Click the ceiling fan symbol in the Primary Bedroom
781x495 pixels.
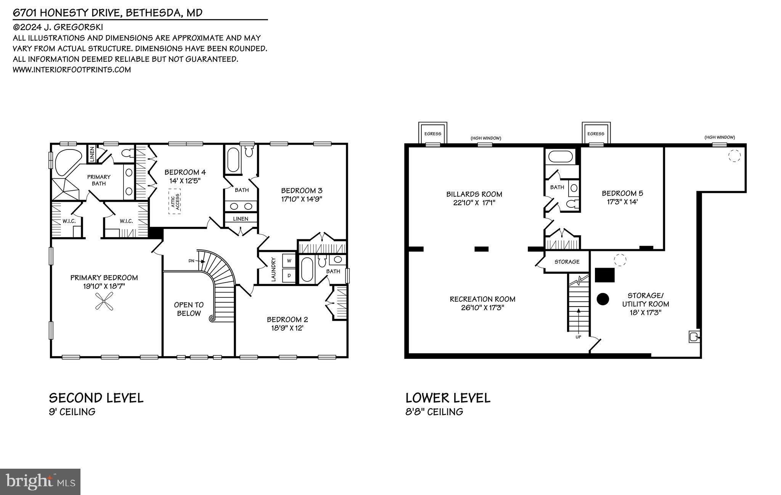(x=103, y=301)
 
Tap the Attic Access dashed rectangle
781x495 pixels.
(x=175, y=201)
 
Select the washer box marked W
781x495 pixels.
(x=289, y=261)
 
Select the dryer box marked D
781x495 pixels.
(x=289, y=275)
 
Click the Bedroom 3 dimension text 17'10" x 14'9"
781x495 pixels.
(x=302, y=199)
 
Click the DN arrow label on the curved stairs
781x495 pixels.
(x=191, y=261)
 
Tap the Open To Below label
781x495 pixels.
(x=189, y=309)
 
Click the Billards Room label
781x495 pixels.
(x=474, y=194)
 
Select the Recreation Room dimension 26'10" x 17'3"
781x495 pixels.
(x=482, y=308)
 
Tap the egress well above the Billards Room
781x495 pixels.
(x=432, y=133)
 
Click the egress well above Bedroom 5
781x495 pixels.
(x=596, y=133)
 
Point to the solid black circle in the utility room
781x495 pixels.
(x=603, y=299)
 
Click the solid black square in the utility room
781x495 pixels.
(x=605, y=275)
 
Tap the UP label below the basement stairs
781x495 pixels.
(x=578, y=337)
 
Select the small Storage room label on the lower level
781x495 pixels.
(x=567, y=262)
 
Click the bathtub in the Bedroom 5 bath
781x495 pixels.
(x=560, y=157)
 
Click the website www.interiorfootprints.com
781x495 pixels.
(x=72, y=70)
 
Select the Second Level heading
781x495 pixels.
(x=96, y=398)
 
